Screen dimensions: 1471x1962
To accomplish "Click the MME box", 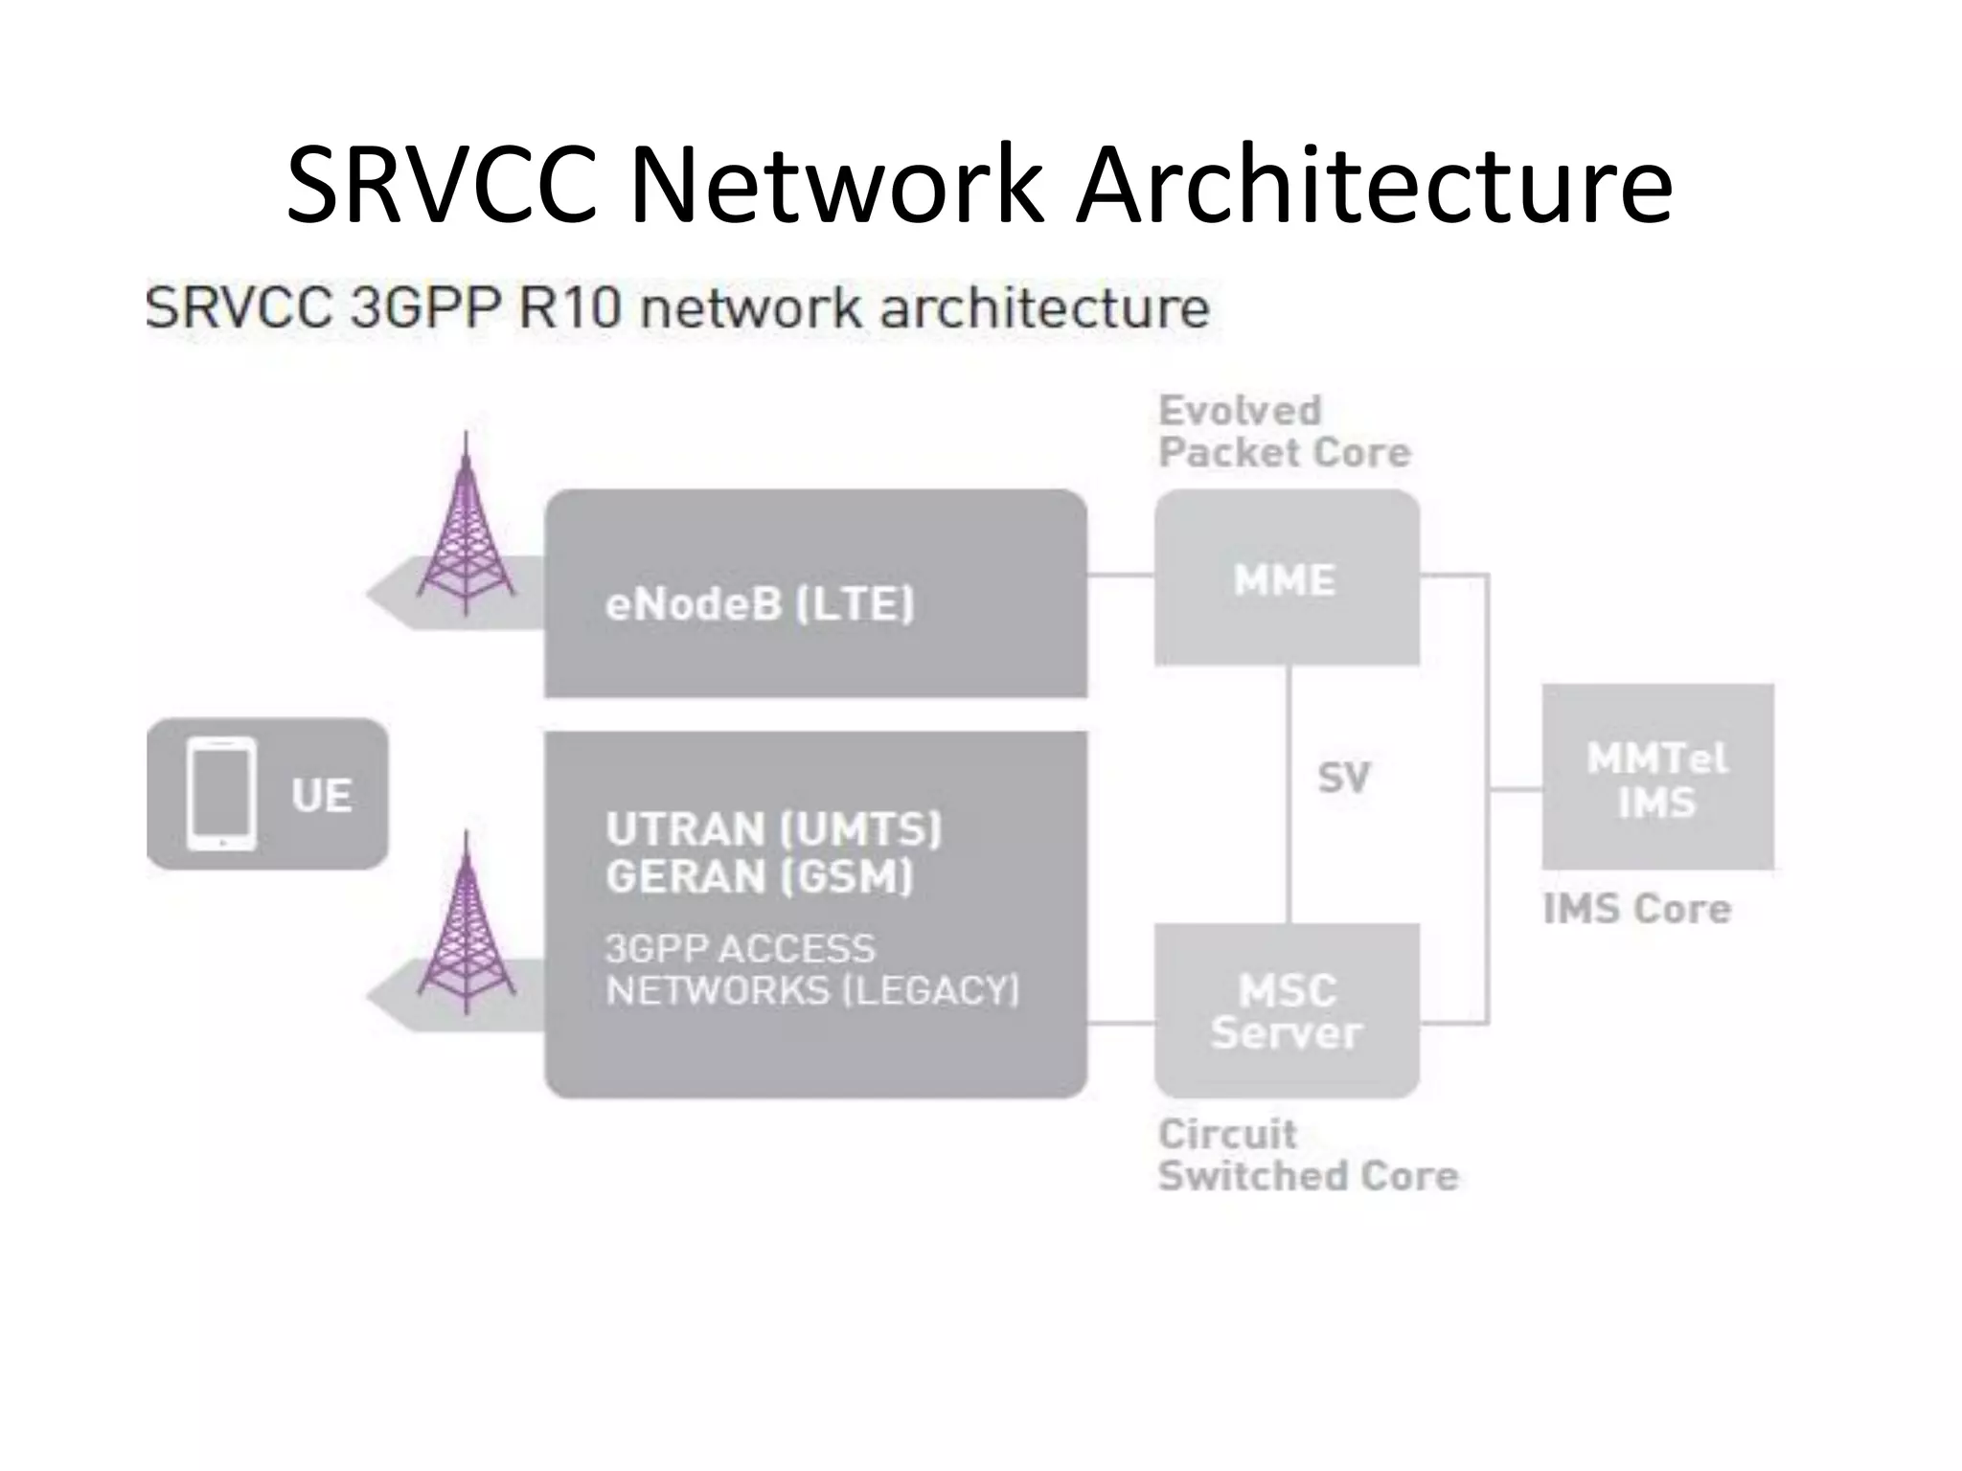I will click(x=1286, y=578).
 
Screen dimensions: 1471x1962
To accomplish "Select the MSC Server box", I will click(x=1286, y=1010).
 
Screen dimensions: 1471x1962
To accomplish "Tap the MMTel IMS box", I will click(x=1656, y=778).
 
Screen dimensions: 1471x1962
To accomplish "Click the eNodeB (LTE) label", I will click(x=760, y=603).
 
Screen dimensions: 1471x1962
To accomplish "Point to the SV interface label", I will click(x=1343, y=777).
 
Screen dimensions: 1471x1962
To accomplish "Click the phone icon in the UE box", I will click(x=221, y=793).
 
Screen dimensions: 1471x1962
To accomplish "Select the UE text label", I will click(x=321, y=796).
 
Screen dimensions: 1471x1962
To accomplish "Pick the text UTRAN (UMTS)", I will click(x=773, y=828).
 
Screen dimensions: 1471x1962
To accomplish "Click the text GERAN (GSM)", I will click(x=759, y=876).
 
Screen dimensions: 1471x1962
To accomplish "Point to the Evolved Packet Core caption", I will click(x=1284, y=431).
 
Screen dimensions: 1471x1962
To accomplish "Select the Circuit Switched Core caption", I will click(x=1307, y=1155).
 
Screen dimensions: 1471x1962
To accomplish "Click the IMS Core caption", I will click(x=1636, y=908).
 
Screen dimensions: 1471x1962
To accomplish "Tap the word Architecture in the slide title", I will click(x=1374, y=184).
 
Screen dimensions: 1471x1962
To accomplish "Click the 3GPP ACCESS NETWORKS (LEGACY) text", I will click(x=811, y=969).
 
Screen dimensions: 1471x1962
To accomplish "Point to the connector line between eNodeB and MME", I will click(x=1120, y=576).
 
